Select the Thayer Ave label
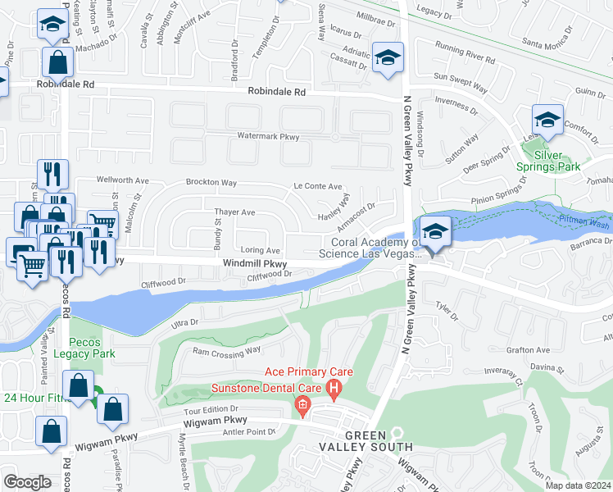[235, 212]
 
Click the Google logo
[27, 481]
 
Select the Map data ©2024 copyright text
[579, 485]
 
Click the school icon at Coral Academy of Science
[436, 231]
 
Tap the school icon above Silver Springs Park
[547, 119]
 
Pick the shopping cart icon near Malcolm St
[102, 223]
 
